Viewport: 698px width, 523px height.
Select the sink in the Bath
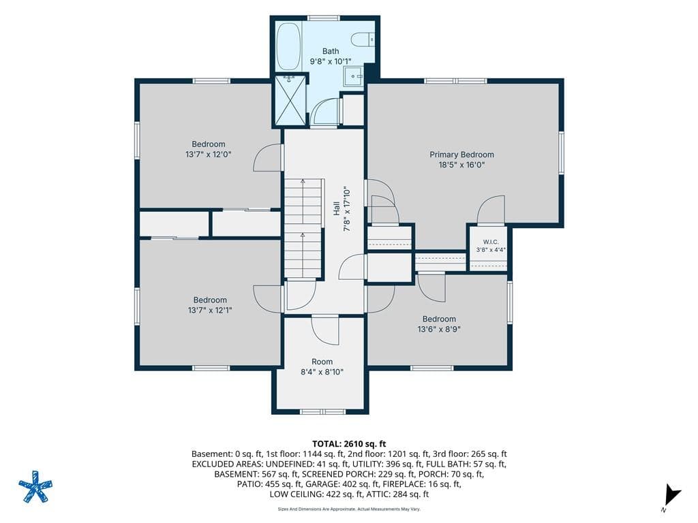click(354, 76)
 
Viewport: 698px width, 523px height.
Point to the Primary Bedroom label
click(461, 155)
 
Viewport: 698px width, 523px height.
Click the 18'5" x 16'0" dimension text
click(461, 165)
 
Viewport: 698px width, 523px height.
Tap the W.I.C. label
click(491, 242)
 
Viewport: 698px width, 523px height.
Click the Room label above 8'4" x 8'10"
click(322, 362)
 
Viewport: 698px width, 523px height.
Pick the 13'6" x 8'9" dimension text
click(439, 330)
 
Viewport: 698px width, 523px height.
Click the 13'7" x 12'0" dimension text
click(209, 155)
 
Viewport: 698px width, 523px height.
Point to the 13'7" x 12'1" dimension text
click(210, 311)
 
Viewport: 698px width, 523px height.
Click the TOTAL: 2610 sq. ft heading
click(349, 443)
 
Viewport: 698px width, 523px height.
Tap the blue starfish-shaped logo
click(35, 486)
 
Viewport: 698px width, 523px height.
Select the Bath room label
click(331, 51)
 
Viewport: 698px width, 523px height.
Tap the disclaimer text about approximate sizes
click(349, 509)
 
